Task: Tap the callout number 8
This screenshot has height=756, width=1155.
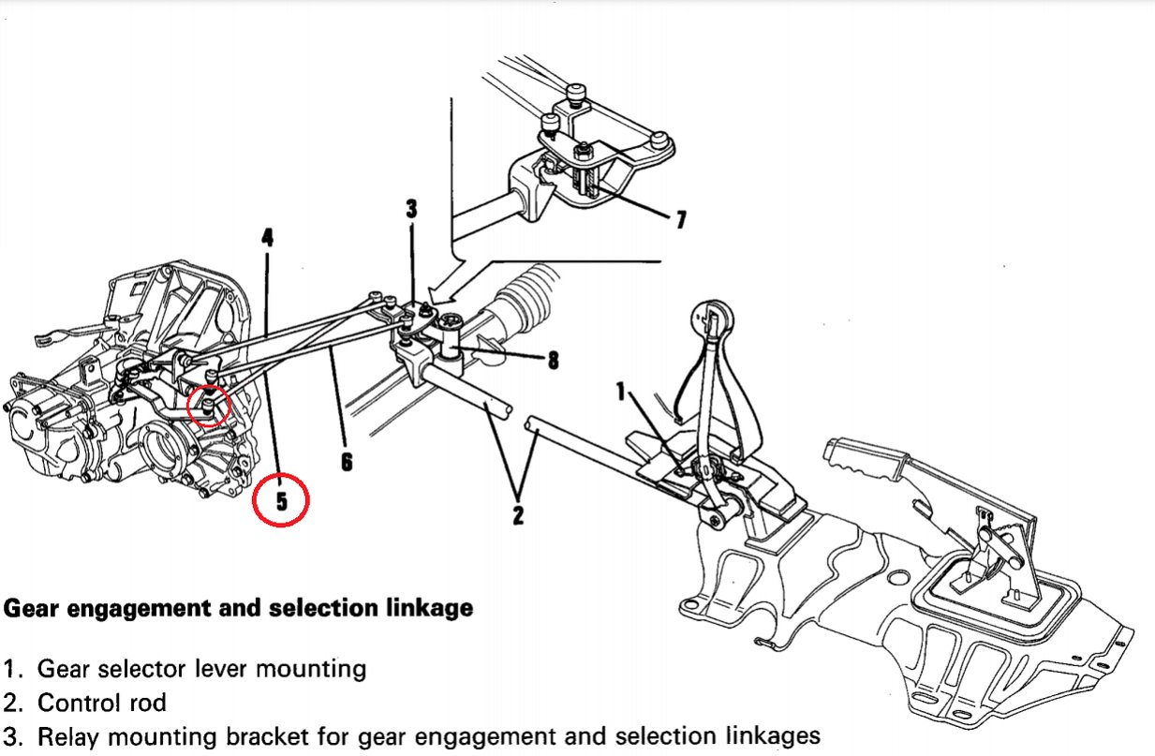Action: tap(553, 359)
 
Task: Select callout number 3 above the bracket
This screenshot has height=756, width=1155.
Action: tap(411, 208)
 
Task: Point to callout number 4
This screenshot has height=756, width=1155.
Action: tap(268, 237)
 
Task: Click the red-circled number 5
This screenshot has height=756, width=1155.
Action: tap(280, 501)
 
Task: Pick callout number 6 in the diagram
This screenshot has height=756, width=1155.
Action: tap(347, 461)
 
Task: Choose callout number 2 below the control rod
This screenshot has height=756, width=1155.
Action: tap(517, 514)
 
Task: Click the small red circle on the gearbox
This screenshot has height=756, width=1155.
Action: tap(210, 406)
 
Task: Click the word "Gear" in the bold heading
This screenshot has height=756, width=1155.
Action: tap(35, 609)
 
